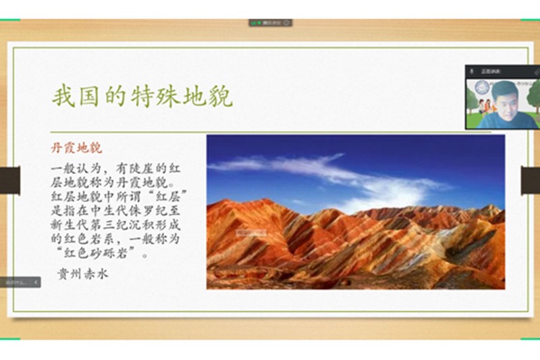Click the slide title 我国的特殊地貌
142,97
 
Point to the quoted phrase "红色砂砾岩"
95,255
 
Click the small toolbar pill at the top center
270,22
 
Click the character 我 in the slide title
62,97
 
